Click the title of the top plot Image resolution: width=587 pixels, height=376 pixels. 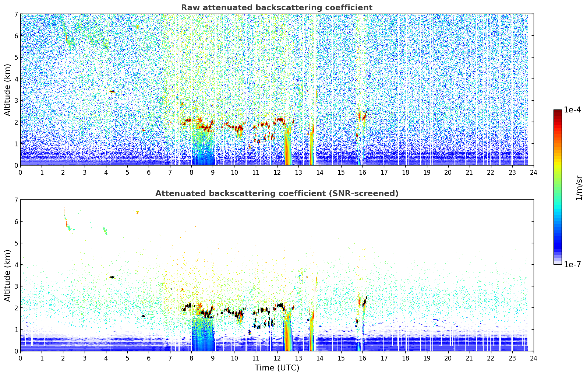pos(277,8)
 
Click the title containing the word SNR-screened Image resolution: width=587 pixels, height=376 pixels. pos(277,193)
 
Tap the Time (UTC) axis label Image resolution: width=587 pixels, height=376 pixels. pos(277,368)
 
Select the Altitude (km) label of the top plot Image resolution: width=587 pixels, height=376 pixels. pos(7,90)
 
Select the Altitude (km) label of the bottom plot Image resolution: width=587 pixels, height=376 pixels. pos(7,275)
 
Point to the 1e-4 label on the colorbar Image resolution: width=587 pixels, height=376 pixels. pos(572,110)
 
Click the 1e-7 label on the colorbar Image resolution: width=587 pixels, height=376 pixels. pos(572,264)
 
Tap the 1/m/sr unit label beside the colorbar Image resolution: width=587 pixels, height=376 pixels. pos(579,188)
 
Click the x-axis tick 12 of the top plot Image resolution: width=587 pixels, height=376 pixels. pos(277,172)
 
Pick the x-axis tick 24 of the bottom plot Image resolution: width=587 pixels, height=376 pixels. pos(534,358)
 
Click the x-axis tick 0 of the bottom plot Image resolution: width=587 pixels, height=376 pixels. pos(21,358)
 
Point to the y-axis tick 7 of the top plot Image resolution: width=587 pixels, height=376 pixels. pos(16,14)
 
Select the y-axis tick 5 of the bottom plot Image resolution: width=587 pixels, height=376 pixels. pos(16,243)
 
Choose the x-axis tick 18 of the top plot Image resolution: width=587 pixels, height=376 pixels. pos(406,172)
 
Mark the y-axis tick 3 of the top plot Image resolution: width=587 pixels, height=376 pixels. pos(16,101)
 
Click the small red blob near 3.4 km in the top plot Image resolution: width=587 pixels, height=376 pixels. pos(112,91)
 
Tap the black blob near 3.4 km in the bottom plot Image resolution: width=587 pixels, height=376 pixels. pos(112,277)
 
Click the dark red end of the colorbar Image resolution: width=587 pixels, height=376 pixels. pos(558,111)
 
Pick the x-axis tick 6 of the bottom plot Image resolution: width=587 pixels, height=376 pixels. pos(149,358)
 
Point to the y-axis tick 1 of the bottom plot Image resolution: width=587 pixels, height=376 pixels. pos(16,330)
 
